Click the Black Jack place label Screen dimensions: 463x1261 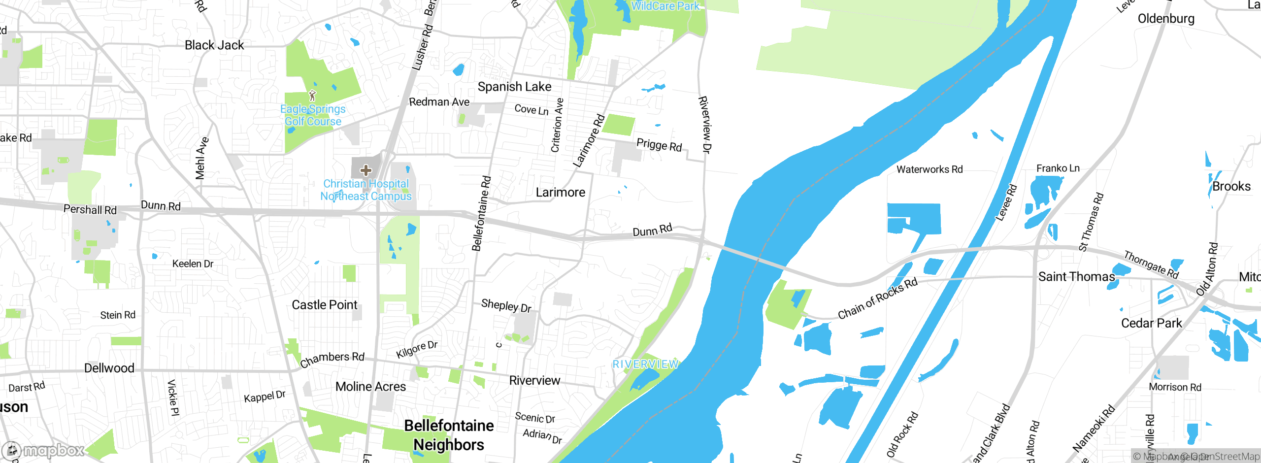click(214, 45)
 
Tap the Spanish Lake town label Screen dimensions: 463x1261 click(514, 87)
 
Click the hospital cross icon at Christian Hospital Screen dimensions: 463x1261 click(365, 170)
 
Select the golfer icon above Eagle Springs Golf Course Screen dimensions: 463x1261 click(312, 96)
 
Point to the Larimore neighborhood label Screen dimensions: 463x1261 click(561, 192)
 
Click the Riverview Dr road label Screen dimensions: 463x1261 click(705, 125)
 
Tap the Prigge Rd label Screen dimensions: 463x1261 click(659, 145)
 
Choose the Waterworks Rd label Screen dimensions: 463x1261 click(929, 169)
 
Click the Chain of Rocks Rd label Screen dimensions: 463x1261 click(878, 298)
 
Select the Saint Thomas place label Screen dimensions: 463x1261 click(1076, 277)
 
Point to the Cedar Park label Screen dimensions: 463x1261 click(1151, 323)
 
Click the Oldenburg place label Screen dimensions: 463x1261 click(1166, 19)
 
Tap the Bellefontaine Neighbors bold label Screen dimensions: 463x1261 click(449, 435)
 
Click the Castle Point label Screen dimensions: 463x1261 click(325, 305)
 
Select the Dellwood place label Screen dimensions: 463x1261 click(109, 368)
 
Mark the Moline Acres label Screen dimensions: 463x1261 click(370, 387)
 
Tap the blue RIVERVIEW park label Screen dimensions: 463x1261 click(645, 364)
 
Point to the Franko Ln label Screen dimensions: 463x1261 click(1058, 168)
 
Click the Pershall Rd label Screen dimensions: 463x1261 click(90, 209)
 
